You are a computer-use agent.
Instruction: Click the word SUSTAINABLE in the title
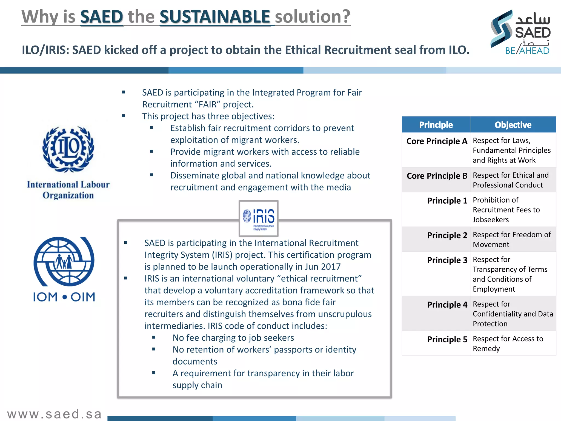[x=215, y=17]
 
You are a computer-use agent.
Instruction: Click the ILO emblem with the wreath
[x=68, y=149]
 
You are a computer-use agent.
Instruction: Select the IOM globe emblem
[x=64, y=261]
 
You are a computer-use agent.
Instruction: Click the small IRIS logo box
[x=258, y=218]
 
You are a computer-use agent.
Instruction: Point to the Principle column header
[x=436, y=125]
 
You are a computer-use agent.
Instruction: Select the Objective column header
[x=513, y=125]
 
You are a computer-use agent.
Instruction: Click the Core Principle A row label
[x=437, y=141]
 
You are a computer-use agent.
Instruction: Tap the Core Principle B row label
[x=437, y=176]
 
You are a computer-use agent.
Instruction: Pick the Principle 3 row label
[x=447, y=260]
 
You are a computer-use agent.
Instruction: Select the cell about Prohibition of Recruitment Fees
[x=506, y=210]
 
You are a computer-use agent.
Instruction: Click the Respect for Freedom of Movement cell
[x=511, y=239]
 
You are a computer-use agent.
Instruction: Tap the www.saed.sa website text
[x=55, y=414]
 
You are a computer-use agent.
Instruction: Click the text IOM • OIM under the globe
[x=64, y=297]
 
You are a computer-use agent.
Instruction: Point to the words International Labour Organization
[x=68, y=190]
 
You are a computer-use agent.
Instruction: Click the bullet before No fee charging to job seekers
[x=154, y=337]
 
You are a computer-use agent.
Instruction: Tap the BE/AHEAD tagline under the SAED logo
[x=527, y=51]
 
